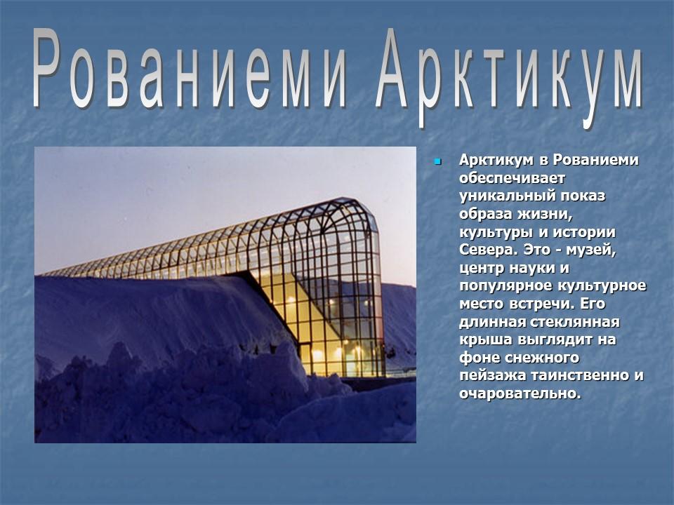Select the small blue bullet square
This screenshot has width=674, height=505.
(437, 162)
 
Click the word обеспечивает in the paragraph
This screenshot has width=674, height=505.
(507, 178)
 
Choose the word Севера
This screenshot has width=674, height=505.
(487, 250)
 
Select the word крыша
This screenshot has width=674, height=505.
(482, 339)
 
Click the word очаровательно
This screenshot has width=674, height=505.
(520, 393)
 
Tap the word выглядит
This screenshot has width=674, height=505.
(557, 339)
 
